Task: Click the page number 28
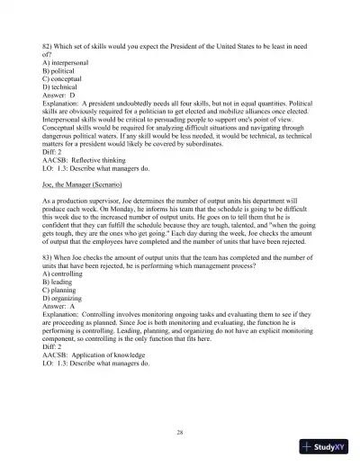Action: click(180, 433)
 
